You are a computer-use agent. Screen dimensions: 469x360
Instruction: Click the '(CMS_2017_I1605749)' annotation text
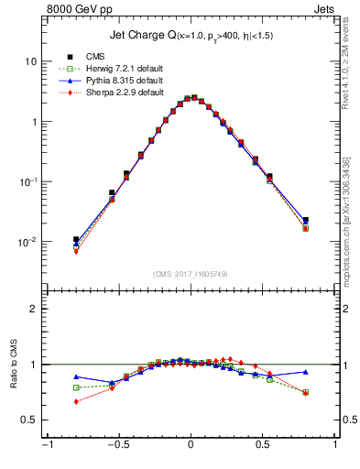191,274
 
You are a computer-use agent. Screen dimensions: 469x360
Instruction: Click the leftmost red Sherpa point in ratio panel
76,401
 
